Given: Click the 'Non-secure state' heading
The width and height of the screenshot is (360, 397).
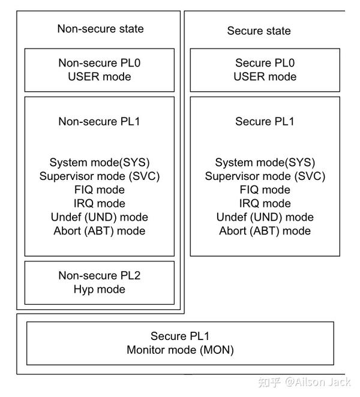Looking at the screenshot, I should click(100, 29).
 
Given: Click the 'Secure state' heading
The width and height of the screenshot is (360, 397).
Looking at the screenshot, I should click(259, 31).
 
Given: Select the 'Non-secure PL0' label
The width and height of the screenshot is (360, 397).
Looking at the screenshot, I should click(99, 63).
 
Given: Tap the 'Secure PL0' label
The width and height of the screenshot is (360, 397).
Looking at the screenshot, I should click(265, 63).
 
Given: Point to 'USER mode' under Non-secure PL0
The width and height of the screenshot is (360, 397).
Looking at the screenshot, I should click(99, 77).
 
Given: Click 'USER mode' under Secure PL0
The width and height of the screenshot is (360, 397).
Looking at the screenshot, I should click(265, 77).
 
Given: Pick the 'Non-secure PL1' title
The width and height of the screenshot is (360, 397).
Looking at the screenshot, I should click(99, 122).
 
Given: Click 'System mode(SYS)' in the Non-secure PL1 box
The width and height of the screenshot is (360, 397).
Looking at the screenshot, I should click(99, 163).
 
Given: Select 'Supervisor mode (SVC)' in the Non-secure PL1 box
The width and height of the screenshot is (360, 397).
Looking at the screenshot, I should click(99, 176).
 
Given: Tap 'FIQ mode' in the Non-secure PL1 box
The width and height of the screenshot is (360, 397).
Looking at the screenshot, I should click(99, 190).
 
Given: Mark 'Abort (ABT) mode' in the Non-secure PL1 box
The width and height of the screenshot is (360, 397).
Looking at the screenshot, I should click(99, 231).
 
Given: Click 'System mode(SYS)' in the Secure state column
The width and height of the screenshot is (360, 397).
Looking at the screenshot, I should click(265, 163).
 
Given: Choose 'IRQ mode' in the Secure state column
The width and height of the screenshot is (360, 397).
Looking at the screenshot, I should click(265, 203).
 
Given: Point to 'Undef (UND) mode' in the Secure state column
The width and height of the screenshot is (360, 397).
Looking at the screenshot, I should click(265, 217).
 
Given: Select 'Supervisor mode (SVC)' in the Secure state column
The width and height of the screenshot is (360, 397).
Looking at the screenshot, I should click(265, 176).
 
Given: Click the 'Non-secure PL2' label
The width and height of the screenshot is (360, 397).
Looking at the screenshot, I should click(99, 276).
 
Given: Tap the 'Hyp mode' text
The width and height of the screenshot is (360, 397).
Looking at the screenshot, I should click(99, 290).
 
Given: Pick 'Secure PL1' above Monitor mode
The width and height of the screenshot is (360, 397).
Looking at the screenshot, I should click(180, 336).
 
